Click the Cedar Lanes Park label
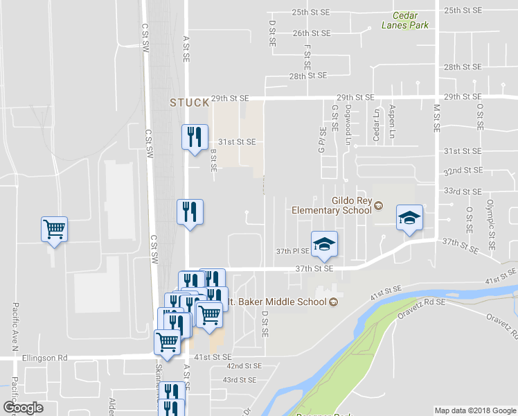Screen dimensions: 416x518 (405, 20)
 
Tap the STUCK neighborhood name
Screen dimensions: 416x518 (189, 103)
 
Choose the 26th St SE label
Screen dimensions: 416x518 (310, 33)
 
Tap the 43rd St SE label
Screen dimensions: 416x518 (240, 380)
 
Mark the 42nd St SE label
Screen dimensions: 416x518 (244, 365)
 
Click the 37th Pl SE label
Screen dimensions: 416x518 (294, 252)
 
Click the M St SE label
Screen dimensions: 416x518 (437, 115)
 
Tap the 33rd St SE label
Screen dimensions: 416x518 (463, 191)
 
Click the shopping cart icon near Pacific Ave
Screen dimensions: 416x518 (55, 229)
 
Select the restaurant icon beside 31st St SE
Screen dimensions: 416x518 (195, 136)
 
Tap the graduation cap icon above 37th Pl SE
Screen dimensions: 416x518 (323, 243)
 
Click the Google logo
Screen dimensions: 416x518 (24, 408)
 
